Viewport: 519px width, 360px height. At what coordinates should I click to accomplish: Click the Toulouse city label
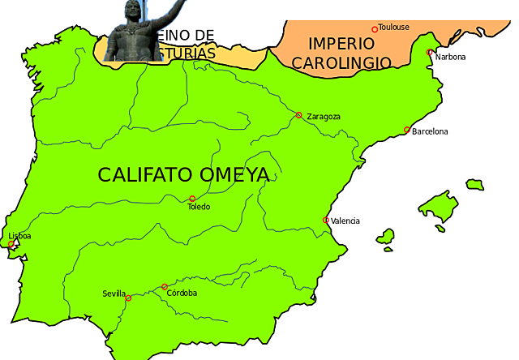click(394, 27)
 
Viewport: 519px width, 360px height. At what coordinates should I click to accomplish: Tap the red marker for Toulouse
click(375, 29)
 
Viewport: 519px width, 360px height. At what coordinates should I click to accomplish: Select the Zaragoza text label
click(324, 117)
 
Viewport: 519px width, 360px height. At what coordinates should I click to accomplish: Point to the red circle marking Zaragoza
click(298, 115)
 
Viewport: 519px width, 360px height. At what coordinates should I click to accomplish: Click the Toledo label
click(199, 207)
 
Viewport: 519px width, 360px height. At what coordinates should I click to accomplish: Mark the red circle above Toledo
click(192, 199)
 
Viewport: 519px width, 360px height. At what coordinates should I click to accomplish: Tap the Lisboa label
click(19, 236)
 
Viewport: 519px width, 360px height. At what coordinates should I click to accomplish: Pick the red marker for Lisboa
click(11, 244)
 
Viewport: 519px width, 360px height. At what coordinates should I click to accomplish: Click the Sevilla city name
click(114, 294)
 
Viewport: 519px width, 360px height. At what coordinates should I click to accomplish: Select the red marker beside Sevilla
click(128, 298)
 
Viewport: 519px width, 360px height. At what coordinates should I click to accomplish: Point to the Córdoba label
click(182, 293)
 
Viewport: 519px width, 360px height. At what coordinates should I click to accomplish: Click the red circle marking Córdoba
click(165, 286)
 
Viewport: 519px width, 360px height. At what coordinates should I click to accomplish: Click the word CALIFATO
click(144, 174)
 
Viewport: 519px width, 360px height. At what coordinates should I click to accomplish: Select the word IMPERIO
click(339, 44)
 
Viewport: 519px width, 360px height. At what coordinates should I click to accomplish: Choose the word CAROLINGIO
click(341, 62)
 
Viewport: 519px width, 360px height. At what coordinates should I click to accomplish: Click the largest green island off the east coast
click(439, 210)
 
